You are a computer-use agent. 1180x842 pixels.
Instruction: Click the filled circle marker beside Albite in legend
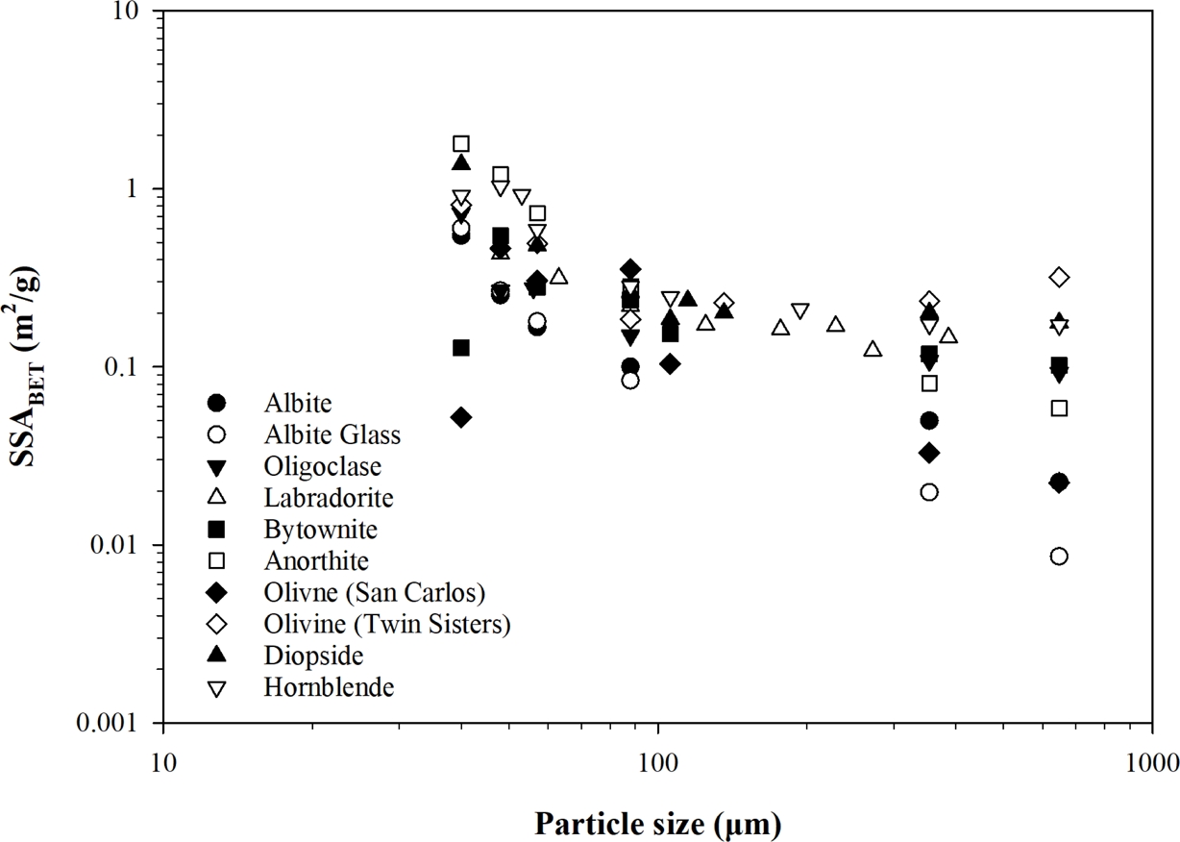point(218,403)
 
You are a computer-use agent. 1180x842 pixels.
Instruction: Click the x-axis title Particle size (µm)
point(657,823)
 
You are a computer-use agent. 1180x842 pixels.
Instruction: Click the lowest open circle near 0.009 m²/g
point(1059,557)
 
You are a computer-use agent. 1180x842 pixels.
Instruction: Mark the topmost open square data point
point(461,144)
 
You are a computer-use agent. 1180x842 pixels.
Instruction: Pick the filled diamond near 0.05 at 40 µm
point(461,417)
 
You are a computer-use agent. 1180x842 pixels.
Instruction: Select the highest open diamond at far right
point(1059,278)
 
